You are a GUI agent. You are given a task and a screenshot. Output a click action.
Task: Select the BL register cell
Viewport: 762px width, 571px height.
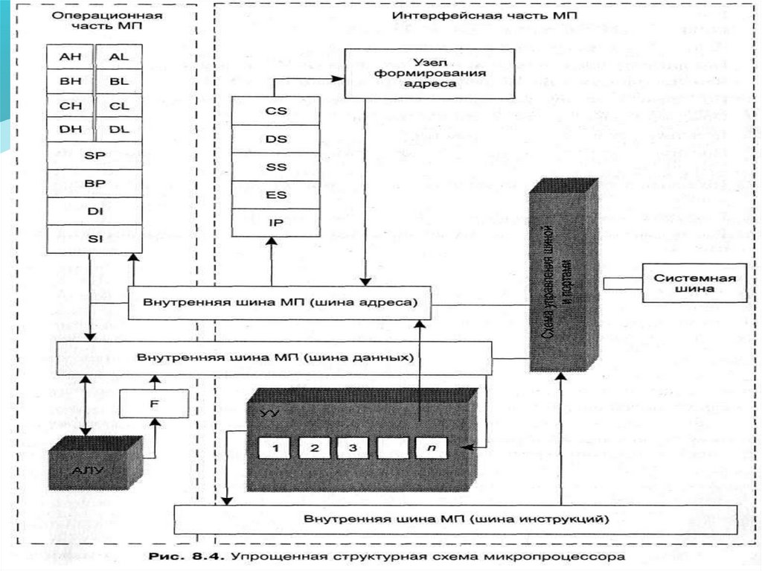coord(118,80)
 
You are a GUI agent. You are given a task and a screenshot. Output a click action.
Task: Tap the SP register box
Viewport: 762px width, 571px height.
coord(94,155)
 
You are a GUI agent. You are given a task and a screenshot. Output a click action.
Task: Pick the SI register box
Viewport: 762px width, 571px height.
coord(94,238)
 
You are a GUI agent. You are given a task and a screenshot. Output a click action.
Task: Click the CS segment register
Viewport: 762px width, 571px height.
coord(276,111)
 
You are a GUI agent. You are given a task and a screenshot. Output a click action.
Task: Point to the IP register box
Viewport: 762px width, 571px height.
coord(276,222)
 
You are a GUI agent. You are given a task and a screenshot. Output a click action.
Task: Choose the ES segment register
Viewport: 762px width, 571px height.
coord(276,194)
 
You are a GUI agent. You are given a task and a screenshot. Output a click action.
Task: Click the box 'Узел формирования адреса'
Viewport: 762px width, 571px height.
coord(429,73)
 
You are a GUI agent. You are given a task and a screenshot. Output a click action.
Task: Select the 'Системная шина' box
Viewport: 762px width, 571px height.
coord(694,284)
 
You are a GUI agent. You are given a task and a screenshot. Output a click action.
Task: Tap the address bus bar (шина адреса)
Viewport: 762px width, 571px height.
coord(281,304)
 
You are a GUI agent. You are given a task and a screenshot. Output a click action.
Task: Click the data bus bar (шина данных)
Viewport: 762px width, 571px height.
coord(275,358)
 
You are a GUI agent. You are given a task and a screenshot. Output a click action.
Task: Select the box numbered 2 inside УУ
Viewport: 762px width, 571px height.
coord(314,447)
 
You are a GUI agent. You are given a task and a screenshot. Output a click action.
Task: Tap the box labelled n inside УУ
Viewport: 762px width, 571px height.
coord(430,447)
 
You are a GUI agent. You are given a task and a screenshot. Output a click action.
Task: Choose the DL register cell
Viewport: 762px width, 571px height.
coord(118,128)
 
